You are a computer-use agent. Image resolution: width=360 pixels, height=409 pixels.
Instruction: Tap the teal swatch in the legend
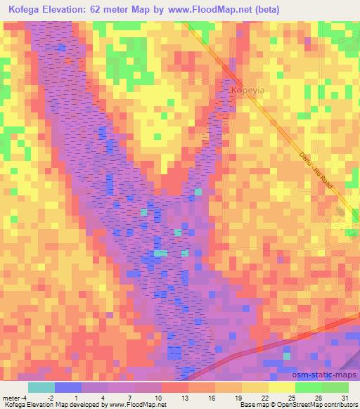[41, 387]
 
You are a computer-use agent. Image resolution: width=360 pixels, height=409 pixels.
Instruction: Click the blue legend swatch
[68, 387]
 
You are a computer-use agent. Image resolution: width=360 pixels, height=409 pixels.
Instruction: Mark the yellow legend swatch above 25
[282, 387]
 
